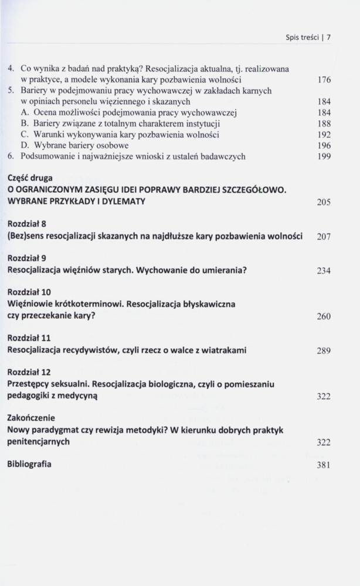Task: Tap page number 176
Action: click(x=325, y=79)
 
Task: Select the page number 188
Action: click(x=325, y=124)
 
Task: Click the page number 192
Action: click(x=325, y=135)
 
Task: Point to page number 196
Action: click(x=325, y=146)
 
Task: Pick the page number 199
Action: click(x=325, y=156)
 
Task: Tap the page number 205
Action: click(x=324, y=202)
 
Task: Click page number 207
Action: click(x=324, y=237)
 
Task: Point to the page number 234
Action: click(x=324, y=271)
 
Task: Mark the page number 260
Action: click(x=324, y=316)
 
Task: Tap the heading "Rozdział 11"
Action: click(x=29, y=338)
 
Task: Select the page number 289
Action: click(x=324, y=351)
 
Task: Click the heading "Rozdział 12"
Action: click(x=29, y=372)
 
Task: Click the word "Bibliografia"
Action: click(x=29, y=464)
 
